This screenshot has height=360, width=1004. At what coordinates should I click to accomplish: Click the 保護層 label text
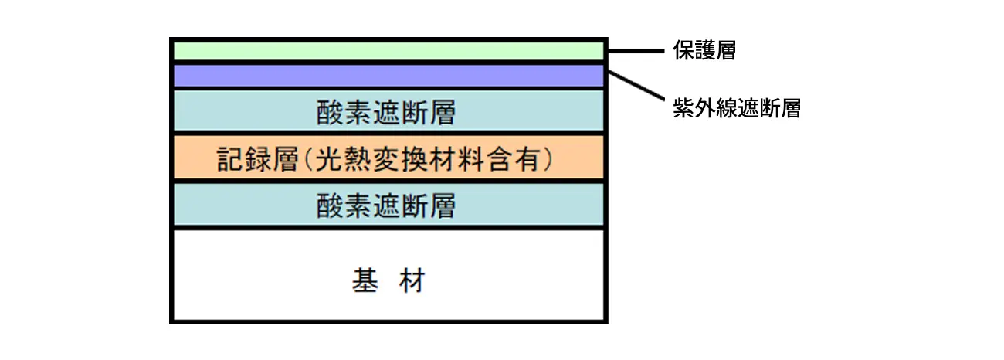[704, 50]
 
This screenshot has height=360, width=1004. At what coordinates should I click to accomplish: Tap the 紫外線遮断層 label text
[737, 108]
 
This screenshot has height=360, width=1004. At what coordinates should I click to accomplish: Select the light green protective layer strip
[388, 51]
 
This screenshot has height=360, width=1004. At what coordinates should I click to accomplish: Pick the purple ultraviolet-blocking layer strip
[388, 76]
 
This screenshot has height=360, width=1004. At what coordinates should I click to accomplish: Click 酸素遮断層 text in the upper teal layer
[386, 112]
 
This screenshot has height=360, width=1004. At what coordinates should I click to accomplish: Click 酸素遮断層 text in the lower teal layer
[386, 205]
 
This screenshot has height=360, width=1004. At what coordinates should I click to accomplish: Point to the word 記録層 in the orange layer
[257, 159]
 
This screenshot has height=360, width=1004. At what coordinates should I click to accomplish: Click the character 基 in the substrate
[365, 280]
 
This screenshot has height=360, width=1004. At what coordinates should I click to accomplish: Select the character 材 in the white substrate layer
[412, 280]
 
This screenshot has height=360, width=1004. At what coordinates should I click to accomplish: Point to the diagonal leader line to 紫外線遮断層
[636, 85]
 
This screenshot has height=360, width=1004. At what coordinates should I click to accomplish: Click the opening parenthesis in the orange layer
[308, 159]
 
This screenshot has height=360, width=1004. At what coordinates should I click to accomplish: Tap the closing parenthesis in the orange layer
[548, 159]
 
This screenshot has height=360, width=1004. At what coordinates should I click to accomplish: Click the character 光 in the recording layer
[329, 159]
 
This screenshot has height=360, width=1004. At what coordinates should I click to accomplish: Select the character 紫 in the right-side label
[683, 108]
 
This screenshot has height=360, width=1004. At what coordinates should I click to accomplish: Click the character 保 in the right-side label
[683, 50]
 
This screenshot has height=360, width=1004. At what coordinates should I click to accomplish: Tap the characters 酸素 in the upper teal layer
[344, 112]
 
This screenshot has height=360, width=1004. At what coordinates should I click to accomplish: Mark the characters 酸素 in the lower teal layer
[344, 205]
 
